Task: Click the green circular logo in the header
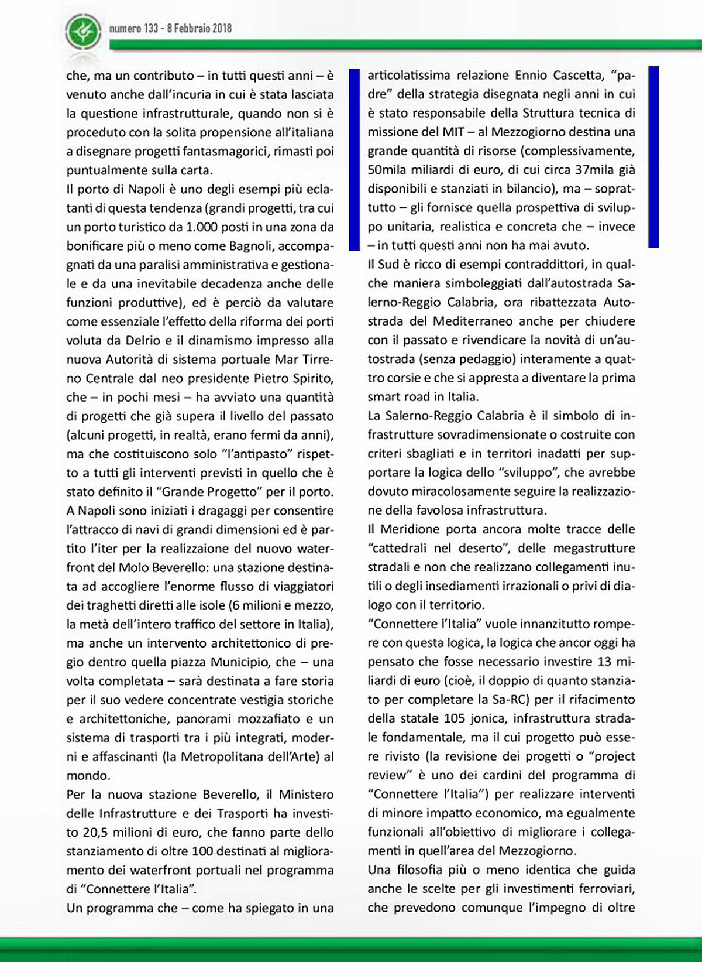point(84,32)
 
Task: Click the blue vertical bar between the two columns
point(354,160)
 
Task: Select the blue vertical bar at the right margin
point(653,157)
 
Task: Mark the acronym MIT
point(453,132)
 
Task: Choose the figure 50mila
point(386,170)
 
